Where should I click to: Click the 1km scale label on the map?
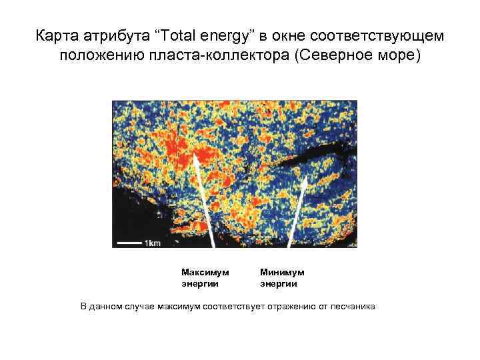(151, 243)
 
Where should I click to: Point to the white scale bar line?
(127, 243)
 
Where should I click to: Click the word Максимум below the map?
(205, 272)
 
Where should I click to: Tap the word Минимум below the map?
(281, 272)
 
